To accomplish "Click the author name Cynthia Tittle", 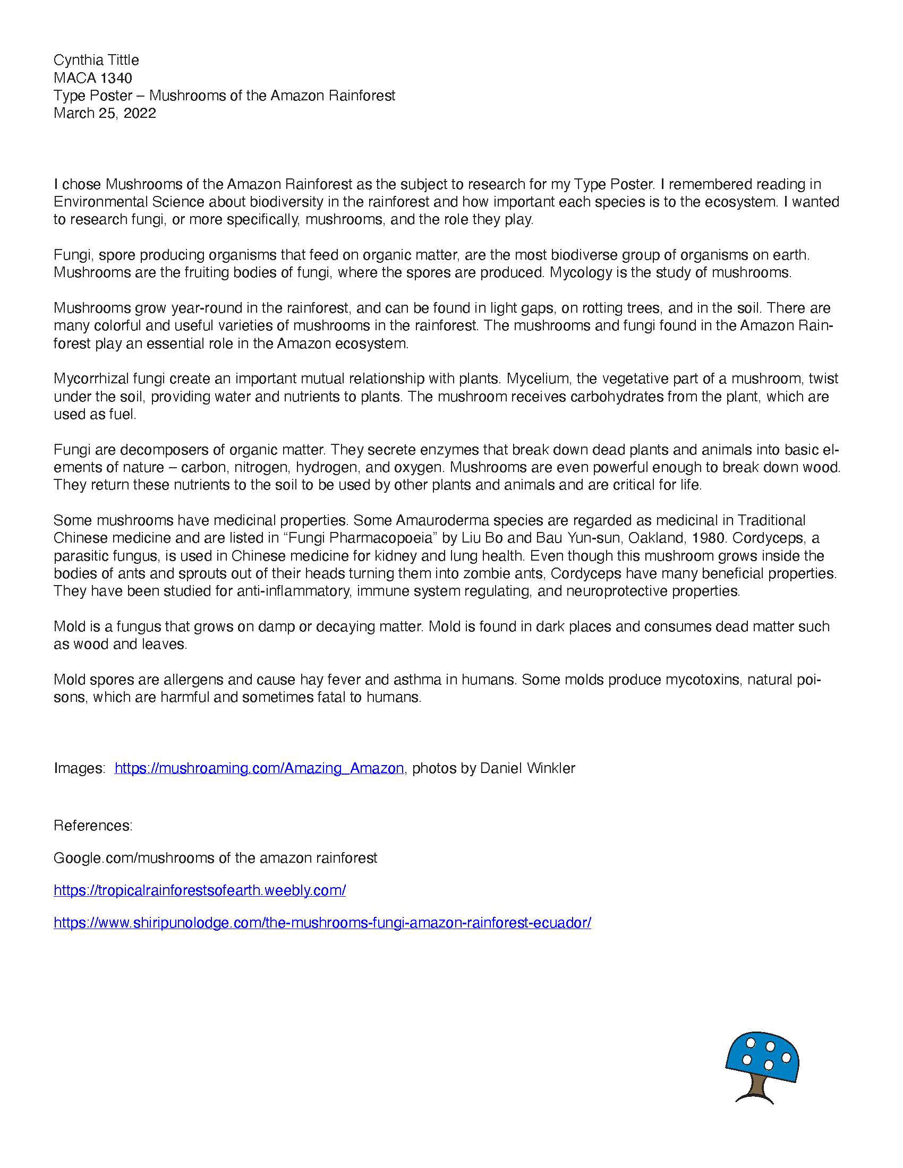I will tap(96, 60).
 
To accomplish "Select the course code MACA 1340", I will tap(92, 78).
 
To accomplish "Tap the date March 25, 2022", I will tap(104, 114).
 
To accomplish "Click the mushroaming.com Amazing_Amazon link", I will tap(259, 769).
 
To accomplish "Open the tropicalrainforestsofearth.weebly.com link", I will tap(200, 890).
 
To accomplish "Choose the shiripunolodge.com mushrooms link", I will tap(322, 923).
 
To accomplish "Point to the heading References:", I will tap(92, 826).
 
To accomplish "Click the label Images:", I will tap(79, 769).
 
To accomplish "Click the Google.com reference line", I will tap(215, 858).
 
